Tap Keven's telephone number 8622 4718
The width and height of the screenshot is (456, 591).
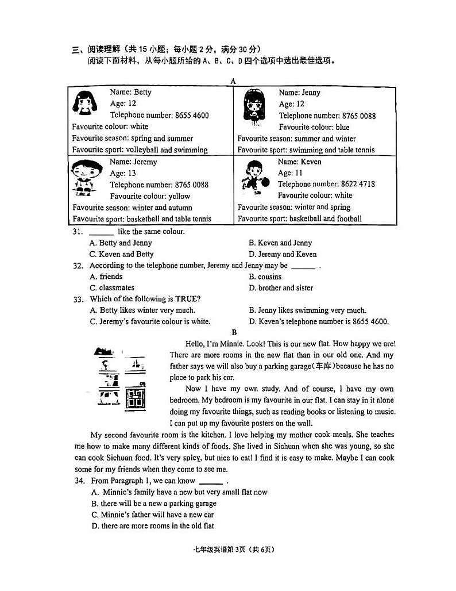[x=355, y=185]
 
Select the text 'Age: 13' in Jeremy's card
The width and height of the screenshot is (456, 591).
[x=123, y=173]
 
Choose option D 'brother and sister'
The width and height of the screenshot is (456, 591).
[x=281, y=288]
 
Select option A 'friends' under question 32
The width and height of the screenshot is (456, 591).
[x=106, y=277]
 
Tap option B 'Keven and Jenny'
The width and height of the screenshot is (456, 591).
[x=280, y=243]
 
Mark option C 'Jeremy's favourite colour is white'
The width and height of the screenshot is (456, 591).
[x=150, y=321]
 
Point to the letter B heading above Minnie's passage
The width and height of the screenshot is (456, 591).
[x=234, y=332]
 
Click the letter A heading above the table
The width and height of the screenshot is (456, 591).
[x=233, y=81]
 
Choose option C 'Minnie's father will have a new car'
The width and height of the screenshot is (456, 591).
[x=152, y=515]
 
